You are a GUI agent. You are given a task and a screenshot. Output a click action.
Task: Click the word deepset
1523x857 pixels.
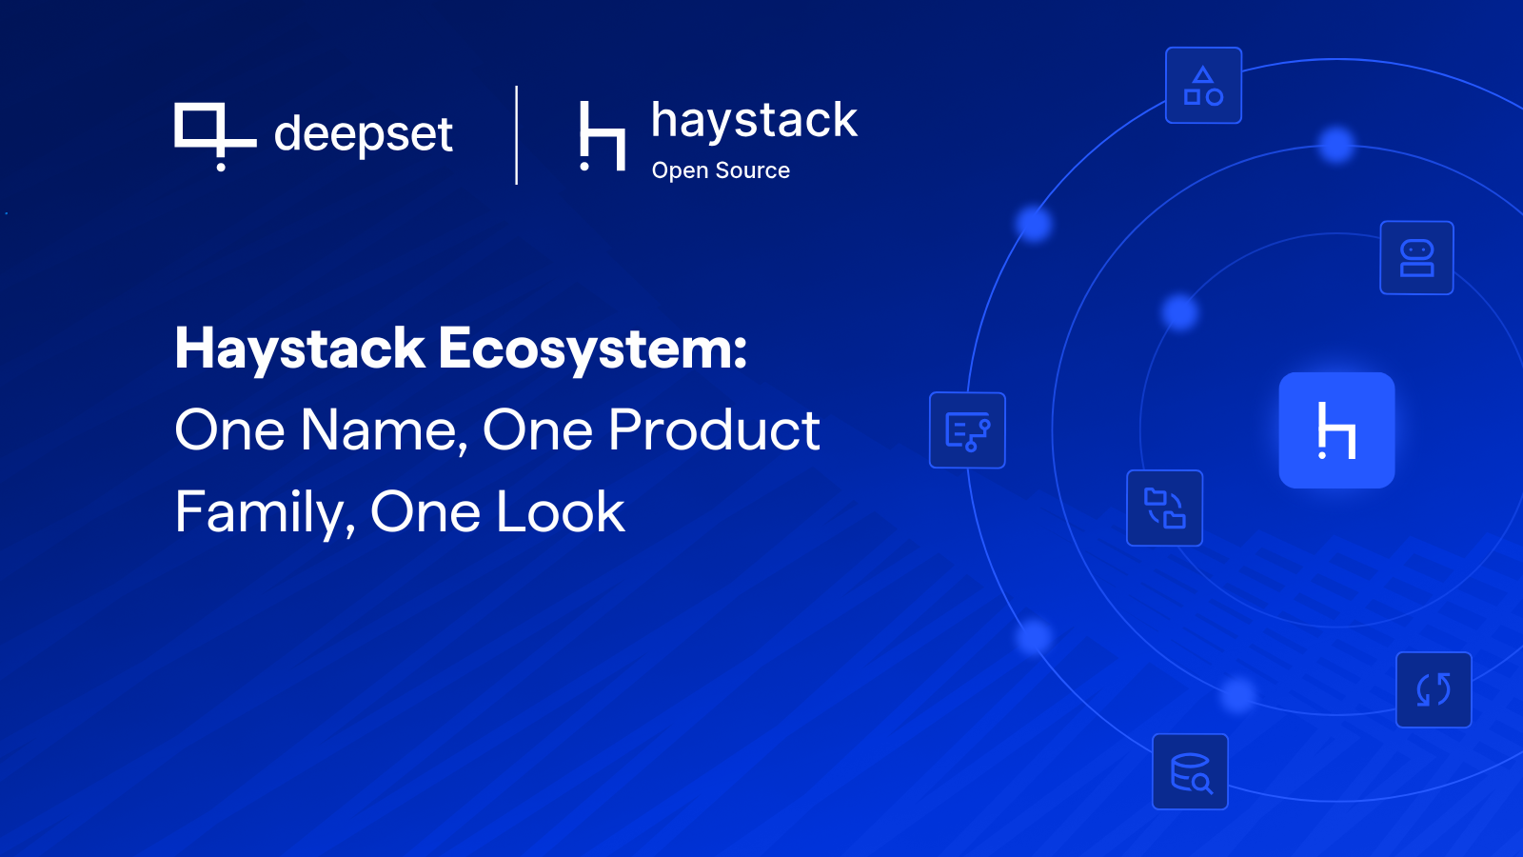point(363,134)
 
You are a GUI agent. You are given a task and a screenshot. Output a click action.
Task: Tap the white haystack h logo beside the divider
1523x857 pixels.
point(602,136)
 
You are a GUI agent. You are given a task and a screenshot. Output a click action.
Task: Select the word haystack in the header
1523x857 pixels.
point(754,121)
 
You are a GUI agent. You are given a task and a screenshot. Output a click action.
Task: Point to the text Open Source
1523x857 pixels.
point(721,170)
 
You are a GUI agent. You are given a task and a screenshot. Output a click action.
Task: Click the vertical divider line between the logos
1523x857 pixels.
point(517,135)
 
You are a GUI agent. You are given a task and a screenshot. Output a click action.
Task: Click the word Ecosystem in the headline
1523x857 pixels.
point(592,349)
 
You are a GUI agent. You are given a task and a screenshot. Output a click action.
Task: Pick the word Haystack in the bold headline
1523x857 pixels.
point(299,349)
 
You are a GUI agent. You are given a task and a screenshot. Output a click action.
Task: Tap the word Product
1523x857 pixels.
point(713,430)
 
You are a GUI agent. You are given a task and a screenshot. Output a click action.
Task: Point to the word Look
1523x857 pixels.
point(561,512)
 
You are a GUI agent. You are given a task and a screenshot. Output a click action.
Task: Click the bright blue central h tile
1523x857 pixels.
point(1336,430)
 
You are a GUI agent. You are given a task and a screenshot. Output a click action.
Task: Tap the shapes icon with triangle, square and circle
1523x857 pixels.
point(1203,86)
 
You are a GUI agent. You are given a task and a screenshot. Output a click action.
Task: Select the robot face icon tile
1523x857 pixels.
point(1416,258)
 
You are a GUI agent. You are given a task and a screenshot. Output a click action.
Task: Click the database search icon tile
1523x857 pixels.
point(1190,771)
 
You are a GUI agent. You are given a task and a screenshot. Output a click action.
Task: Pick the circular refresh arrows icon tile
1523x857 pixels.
point(1434,689)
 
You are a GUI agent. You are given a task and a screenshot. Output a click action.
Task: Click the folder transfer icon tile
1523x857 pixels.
point(1164,508)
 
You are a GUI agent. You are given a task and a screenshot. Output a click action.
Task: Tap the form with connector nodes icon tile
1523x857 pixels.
point(967,430)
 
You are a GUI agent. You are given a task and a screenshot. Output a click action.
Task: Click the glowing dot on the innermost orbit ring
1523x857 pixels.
point(1180,311)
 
